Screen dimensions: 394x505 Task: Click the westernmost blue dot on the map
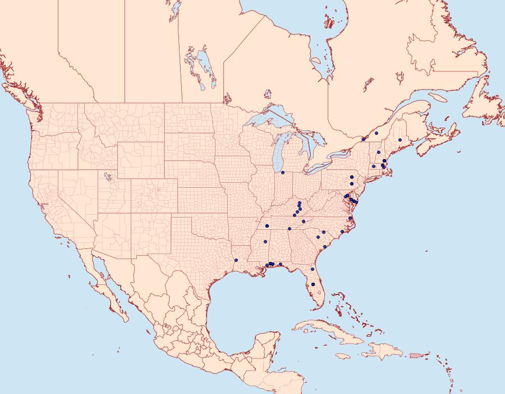point(236,260)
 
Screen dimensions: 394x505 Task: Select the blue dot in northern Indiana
point(283,173)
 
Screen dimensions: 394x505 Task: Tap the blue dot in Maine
point(400,140)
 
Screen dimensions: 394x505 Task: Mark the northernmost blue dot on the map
point(377,133)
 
